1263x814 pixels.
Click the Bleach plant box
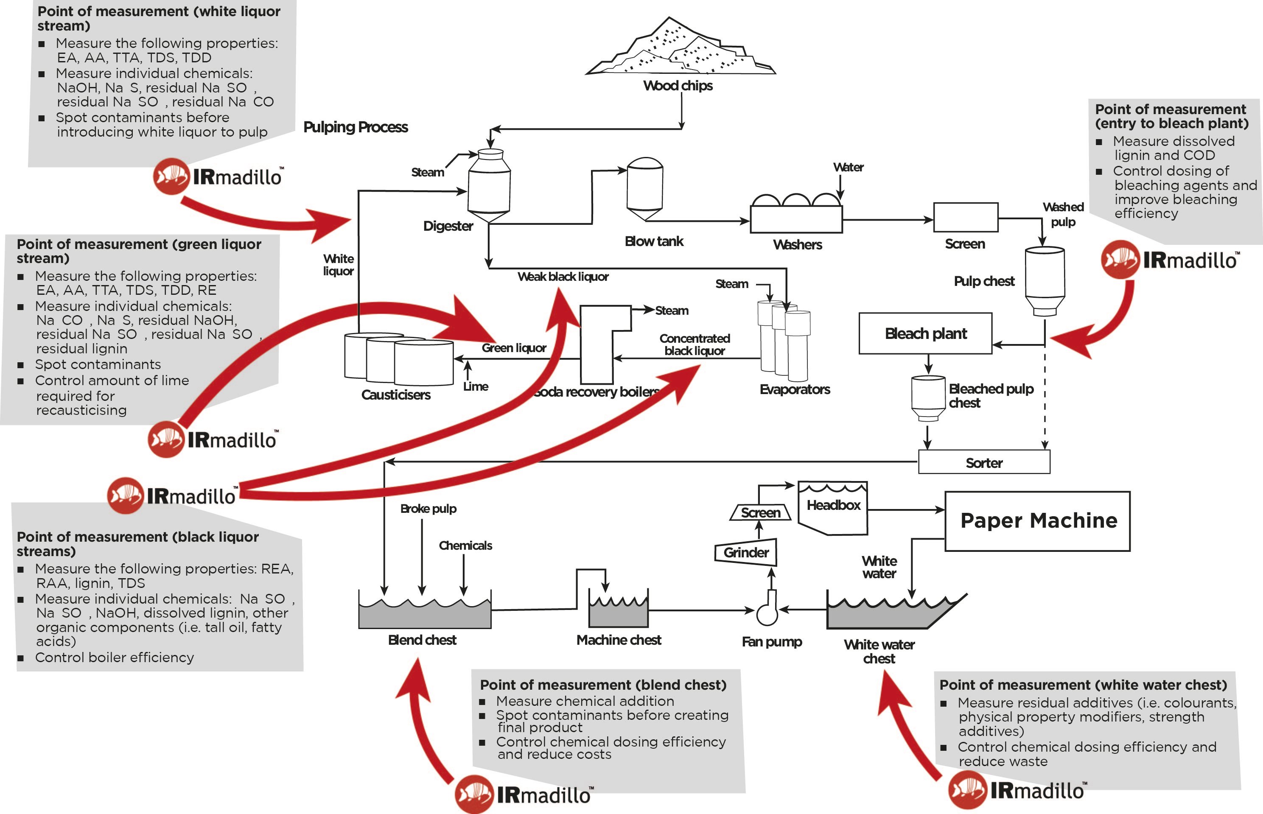(x=925, y=333)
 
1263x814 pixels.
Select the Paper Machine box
(x=1037, y=521)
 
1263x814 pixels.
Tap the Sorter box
(x=983, y=462)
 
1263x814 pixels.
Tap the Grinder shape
(x=746, y=553)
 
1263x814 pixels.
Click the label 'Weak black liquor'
(x=563, y=277)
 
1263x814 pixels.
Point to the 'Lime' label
(x=475, y=386)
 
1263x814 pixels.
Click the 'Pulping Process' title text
(x=355, y=127)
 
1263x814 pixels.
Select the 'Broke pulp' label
(x=428, y=509)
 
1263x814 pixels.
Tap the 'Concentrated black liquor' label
(x=694, y=344)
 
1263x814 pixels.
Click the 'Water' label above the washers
(x=848, y=168)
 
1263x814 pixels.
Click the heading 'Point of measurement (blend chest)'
(x=603, y=685)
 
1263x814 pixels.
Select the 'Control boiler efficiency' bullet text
(x=114, y=657)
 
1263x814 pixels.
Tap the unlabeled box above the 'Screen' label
(x=965, y=217)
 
